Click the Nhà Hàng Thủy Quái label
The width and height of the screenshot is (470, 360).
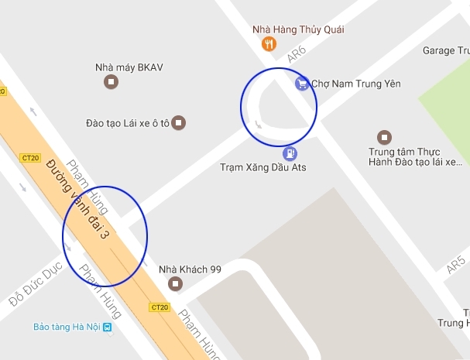(x=298, y=29)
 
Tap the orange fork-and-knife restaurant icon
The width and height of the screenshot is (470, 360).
(x=269, y=44)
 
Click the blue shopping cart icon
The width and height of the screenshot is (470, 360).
(x=301, y=83)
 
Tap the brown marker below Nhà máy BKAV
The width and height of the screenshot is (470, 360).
(x=112, y=81)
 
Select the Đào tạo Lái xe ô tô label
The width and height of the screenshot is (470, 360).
(x=128, y=122)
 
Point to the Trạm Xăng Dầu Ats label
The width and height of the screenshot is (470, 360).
(x=262, y=168)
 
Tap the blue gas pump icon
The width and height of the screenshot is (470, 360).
(x=290, y=153)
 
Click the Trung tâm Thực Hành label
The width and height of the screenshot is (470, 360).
(x=414, y=157)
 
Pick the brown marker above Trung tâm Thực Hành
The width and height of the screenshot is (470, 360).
(x=384, y=137)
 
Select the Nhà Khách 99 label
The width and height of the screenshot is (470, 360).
(x=190, y=269)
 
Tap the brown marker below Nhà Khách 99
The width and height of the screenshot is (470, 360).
(x=176, y=284)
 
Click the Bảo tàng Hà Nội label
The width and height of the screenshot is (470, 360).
(x=67, y=327)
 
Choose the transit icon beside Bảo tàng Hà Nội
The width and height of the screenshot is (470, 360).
(x=108, y=327)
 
